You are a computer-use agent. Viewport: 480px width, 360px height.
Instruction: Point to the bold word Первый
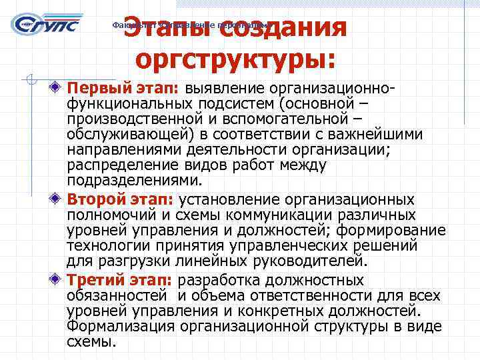pyautogui.click(x=97, y=89)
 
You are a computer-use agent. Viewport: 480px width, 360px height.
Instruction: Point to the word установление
pyautogui.click(x=227, y=200)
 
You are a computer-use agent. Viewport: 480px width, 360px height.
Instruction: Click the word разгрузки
pyautogui.click(x=130, y=261)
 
